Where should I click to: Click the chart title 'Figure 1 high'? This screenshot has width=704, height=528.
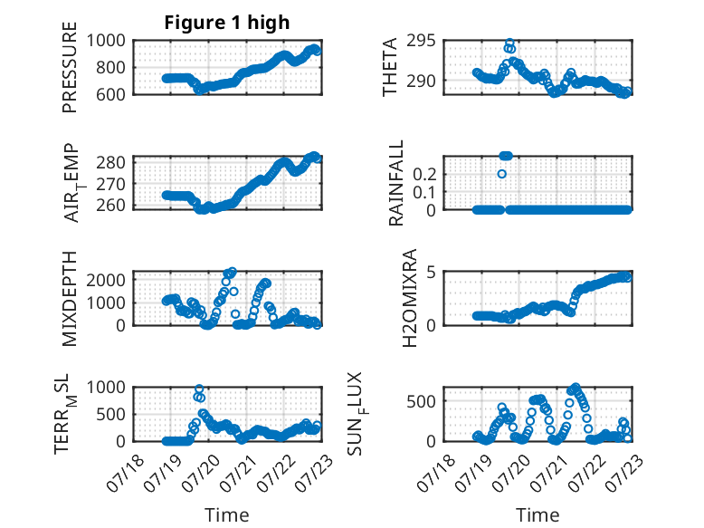click(x=227, y=23)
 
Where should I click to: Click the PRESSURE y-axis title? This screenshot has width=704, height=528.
click(x=70, y=67)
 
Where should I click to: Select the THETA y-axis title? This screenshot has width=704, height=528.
click(x=390, y=67)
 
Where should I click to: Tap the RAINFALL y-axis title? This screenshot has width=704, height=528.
click(x=396, y=183)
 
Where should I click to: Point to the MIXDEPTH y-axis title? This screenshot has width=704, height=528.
click(x=70, y=299)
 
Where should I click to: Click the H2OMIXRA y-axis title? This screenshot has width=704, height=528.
click(x=410, y=298)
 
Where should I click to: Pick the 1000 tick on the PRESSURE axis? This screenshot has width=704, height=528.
click(x=106, y=41)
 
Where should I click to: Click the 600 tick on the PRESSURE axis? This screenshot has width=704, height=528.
click(x=111, y=94)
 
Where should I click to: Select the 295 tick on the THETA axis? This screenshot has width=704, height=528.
click(x=421, y=41)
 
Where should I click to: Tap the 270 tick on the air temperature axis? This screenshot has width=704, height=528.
click(x=111, y=184)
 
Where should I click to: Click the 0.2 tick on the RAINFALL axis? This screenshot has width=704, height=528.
click(x=424, y=174)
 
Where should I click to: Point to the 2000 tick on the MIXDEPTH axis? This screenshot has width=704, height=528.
click(x=106, y=280)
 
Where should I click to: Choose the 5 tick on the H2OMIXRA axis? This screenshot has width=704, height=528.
click(x=432, y=272)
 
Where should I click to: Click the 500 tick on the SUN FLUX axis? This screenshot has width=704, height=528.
click(x=421, y=401)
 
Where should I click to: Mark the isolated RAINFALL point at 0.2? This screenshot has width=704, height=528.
click(x=502, y=174)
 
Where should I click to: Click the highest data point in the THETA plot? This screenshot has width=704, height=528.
click(x=509, y=43)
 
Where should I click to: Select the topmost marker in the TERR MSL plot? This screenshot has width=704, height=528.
click(x=199, y=389)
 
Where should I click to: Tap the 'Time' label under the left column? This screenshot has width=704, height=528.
click(x=227, y=515)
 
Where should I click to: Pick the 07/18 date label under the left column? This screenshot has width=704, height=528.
click(x=126, y=473)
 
